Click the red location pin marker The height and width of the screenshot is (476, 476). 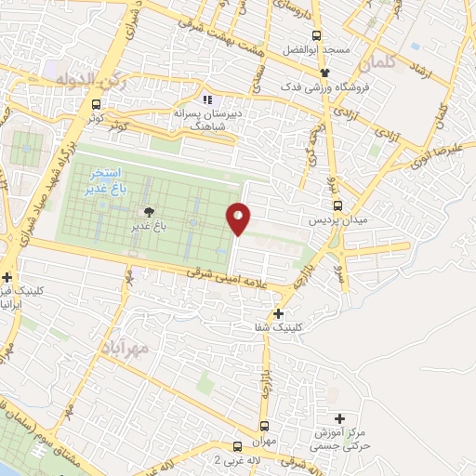[x=239, y=218]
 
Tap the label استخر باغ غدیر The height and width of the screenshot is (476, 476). [x=110, y=180]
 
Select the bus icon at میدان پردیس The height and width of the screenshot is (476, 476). [x=337, y=206]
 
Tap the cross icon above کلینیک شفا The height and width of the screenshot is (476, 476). [x=277, y=314]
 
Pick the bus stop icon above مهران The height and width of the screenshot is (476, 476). [x=238, y=446]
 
